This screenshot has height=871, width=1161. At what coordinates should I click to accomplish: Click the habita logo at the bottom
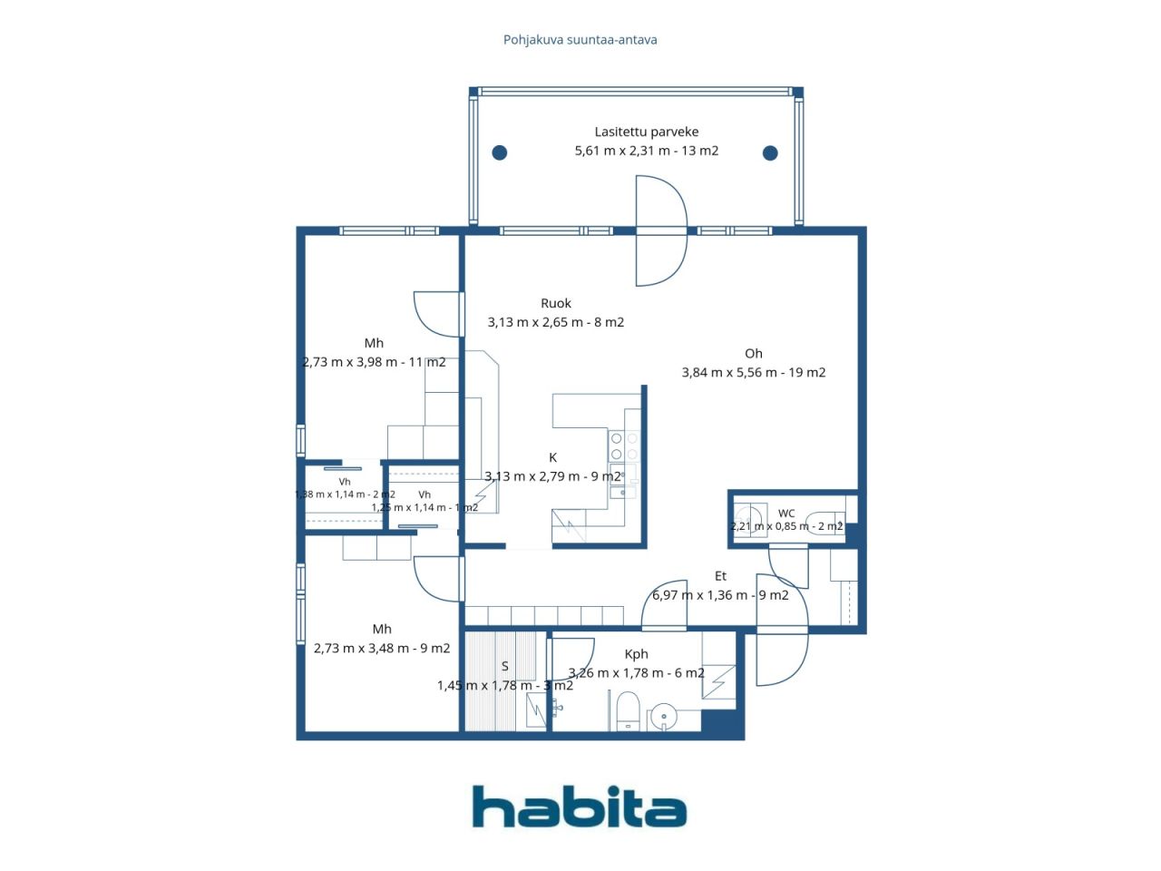pos(580,807)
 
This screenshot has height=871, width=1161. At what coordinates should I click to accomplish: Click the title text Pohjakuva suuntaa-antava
pos(580,40)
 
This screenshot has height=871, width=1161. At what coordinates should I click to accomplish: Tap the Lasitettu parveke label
pos(647,132)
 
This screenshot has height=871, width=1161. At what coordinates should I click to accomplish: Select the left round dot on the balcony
pos(500,152)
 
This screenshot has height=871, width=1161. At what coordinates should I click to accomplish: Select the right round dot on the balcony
pos(770,153)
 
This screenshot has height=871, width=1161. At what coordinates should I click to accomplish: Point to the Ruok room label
pos(556,304)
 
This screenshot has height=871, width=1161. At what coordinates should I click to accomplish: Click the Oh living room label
pos(753,353)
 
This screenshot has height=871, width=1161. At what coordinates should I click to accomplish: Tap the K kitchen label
pos(552,457)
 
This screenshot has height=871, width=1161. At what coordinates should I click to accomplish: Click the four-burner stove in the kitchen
pos(624,446)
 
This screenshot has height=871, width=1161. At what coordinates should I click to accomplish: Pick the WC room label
pos(786,514)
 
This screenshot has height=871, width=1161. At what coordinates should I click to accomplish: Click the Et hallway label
pos(720,576)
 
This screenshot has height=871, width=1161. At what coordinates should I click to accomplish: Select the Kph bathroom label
pos(637,654)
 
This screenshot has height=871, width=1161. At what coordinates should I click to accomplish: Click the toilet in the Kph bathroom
pos(629,710)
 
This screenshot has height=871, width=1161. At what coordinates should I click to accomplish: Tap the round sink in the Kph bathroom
pos(664,717)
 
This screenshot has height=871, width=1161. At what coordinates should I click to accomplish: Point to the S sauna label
pos(505,666)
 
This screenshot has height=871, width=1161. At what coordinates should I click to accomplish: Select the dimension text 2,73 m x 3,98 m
pos(349,362)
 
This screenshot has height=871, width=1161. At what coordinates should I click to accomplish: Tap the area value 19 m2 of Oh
pos(806,372)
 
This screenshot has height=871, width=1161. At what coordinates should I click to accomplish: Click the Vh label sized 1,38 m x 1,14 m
pos(345,482)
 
